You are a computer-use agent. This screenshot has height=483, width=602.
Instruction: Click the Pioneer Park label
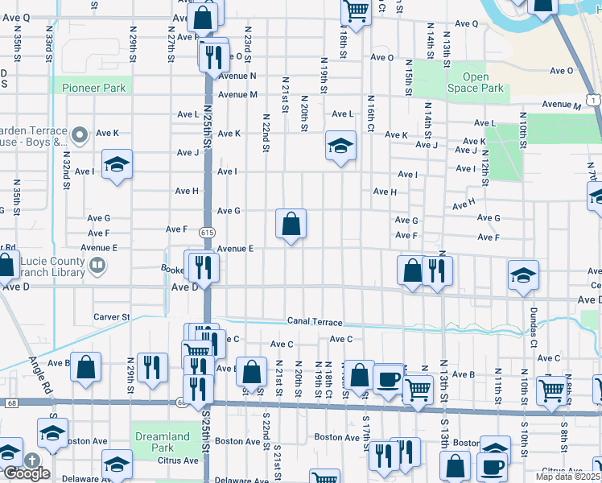(x=92, y=86)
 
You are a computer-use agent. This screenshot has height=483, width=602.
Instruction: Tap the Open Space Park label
(x=476, y=83)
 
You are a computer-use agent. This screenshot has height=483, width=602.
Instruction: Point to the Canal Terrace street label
(x=315, y=322)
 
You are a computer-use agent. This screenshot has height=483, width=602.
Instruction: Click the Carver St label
(x=111, y=317)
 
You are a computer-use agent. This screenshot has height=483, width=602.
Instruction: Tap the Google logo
(x=26, y=473)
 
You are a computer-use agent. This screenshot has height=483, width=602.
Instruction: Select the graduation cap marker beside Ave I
(x=117, y=165)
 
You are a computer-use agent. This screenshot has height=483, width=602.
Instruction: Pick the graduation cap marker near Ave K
(x=340, y=147)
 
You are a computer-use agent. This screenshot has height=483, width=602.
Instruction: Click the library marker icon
(x=97, y=265)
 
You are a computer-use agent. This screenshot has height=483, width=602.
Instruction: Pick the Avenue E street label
(x=235, y=249)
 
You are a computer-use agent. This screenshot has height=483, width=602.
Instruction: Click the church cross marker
(x=33, y=460)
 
